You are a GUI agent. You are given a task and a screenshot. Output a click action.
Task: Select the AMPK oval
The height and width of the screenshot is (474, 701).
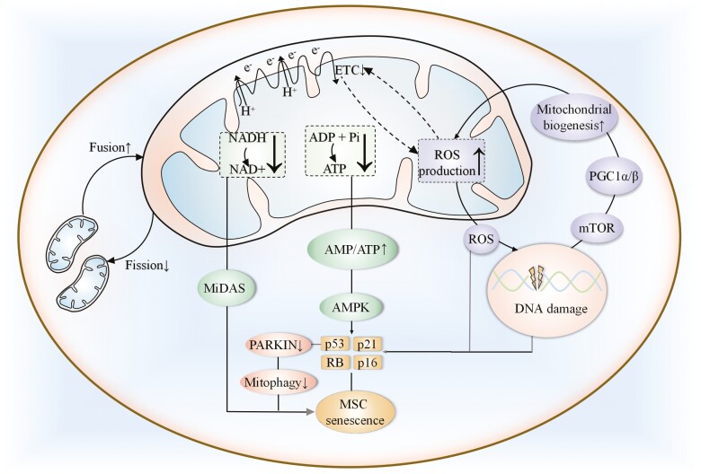click(x=348, y=305)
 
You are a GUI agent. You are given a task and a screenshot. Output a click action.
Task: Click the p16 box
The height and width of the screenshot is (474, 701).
click(x=367, y=363)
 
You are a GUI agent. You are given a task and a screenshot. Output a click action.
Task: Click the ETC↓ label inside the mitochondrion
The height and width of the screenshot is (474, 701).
click(x=352, y=69)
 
